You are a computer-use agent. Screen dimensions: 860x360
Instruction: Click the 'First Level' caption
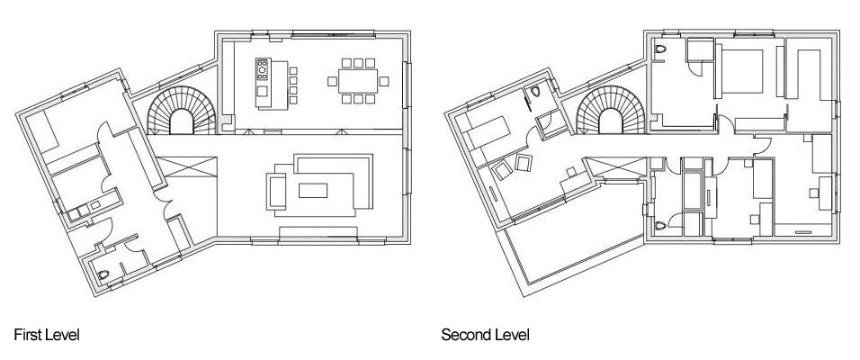pyautogui.click(x=47, y=335)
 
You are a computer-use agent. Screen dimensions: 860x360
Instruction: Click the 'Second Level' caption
pyautogui.click(x=486, y=335)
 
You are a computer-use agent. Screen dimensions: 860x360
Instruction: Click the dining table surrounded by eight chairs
pyautogui.click(x=358, y=81)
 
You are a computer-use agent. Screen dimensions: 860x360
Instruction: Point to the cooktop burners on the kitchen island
pyautogui.click(x=262, y=69)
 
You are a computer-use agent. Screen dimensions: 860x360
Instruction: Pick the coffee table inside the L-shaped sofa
pyautogui.click(x=313, y=191)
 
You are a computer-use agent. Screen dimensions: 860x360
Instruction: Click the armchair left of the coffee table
pyautogui.click(x=276, y=191)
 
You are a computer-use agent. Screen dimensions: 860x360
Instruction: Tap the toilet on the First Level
pyautogui.click(x=103, y=274)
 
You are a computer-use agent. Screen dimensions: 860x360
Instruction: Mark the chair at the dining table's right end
pyautogui.click(x=384, y=81)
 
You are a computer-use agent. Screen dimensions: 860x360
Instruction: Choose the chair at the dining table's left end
pyautogui.click(x=332, y=81)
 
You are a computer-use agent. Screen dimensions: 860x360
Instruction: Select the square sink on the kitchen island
pyautogui.click(x=262, y=91)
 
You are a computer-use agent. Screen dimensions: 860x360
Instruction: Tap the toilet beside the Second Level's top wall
pyautogui.click(x=661, y=49)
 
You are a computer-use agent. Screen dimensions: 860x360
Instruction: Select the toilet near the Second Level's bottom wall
pyautogui.click(x=661, y=226)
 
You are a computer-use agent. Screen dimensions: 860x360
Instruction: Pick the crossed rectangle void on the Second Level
pyautogui.click(x=615, y=167)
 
